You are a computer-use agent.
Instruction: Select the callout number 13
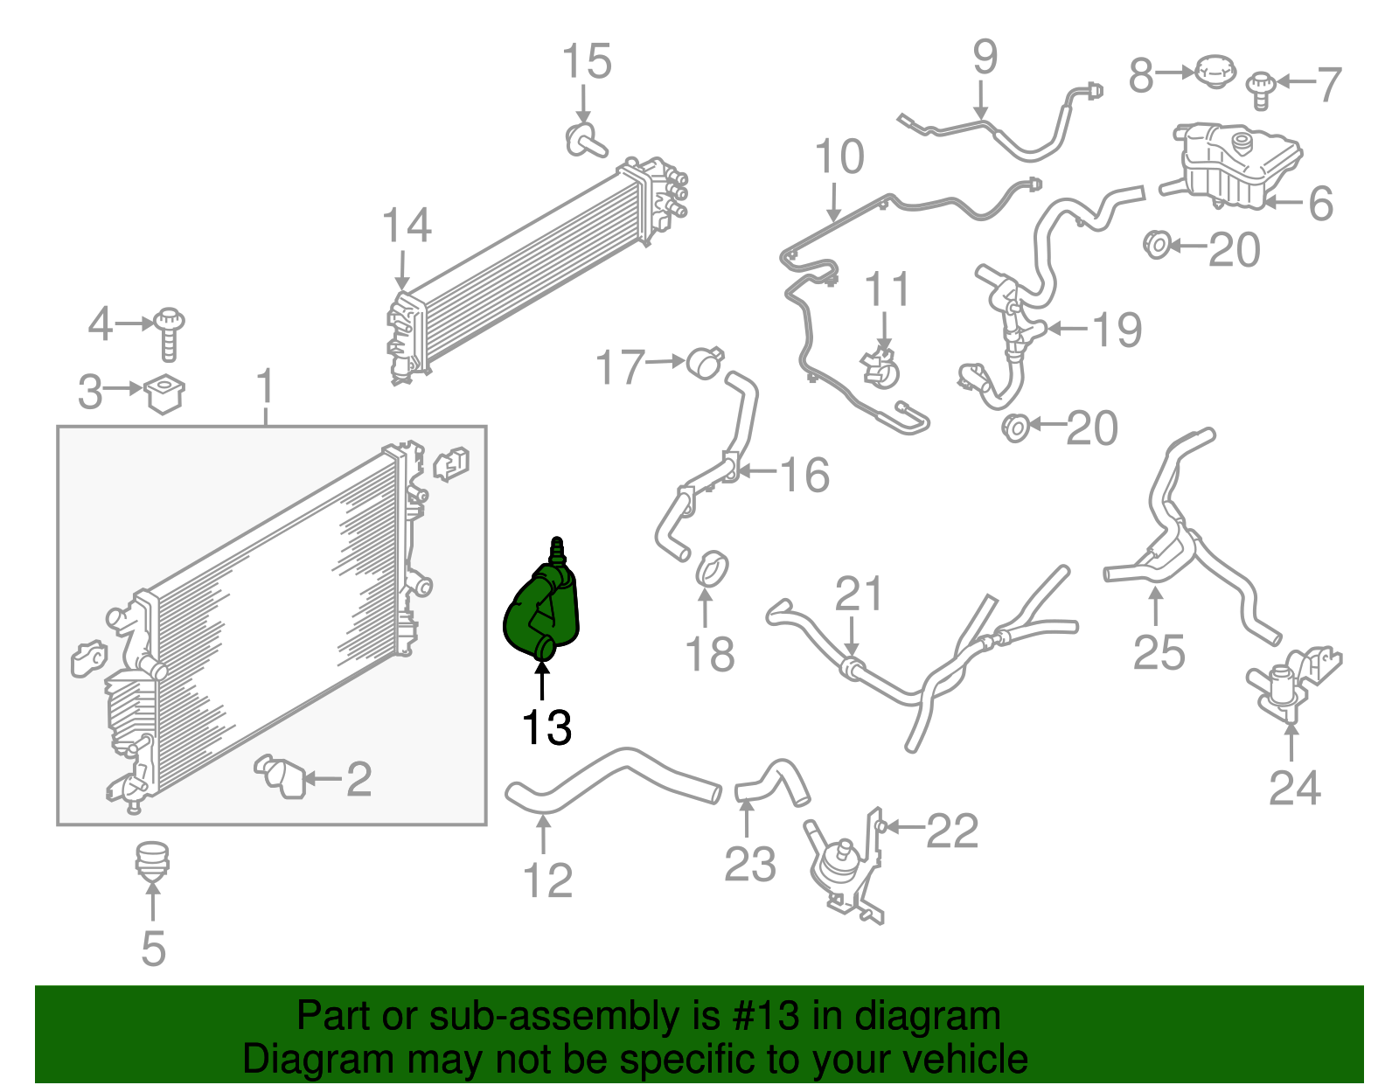546,727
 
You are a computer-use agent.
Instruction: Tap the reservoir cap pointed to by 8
1215,71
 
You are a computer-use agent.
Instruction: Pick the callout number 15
587,62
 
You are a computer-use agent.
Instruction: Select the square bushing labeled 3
164,393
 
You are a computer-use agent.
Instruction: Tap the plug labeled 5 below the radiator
153,860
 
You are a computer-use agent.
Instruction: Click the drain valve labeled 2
282,776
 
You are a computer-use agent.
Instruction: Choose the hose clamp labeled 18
713,568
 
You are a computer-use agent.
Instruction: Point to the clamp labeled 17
705,363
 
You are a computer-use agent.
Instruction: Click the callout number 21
859,594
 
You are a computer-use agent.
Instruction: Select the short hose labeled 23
773,782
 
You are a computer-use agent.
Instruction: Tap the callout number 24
1295,788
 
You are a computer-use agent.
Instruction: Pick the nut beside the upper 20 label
1157,245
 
